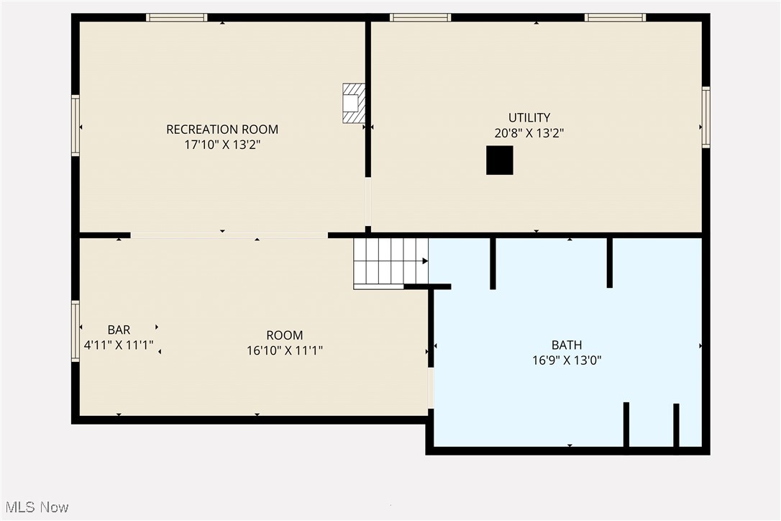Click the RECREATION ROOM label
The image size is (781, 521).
pos(222,130)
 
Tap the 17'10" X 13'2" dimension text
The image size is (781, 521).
pos(222,145)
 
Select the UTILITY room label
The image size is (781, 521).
pos(529,117)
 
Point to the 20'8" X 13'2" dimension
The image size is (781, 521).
pos(529,133)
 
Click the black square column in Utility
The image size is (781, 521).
pos(500,160)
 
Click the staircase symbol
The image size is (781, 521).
pos(390,262)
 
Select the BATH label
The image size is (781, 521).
pos(567,345)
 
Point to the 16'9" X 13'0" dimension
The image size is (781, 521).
pos(567,361)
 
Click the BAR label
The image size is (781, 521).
pos(119,330)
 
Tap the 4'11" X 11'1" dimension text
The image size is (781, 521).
pos(119,345)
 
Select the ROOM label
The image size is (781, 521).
pos(285,335)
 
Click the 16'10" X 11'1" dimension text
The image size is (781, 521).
pos(285,350)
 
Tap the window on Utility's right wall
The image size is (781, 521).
pos(705,117)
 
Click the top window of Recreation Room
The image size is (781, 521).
pos(176,17)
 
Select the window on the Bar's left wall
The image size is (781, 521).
pos(76,331)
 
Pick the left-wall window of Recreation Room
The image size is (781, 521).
pos(76,126)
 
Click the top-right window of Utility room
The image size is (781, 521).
pos(615,17)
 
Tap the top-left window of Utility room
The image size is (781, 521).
pos(420,17)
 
